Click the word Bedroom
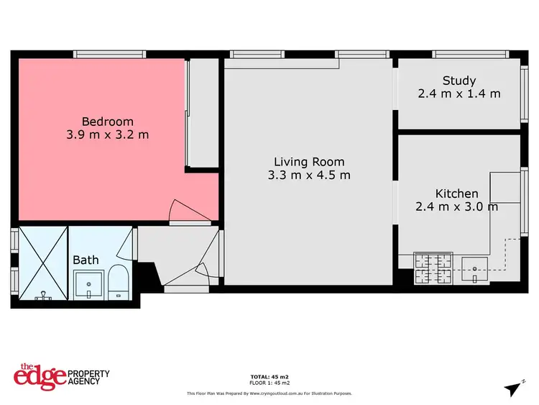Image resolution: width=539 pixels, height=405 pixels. pyautogui.click(x=107, y=122)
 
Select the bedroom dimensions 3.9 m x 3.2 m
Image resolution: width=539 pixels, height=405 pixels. pyautogui.click(x=107, y=135)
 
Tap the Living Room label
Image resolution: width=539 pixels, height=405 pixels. pyautogui.click(x=309, y=162)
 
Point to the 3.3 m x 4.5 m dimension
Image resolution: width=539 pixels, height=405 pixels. pyautogui.click(x=309, y=175)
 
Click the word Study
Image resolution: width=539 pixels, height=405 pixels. pyautogui.click(x=459, y=81)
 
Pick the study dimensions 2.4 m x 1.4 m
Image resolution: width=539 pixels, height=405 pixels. pyautogui.click(x=459, y=94)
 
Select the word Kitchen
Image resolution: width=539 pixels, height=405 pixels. pyautogui.click(x=456, y=194)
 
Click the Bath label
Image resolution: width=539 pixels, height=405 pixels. pyautogui.click(x=86, y=260)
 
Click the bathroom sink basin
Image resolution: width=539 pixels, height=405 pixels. pyautogui.click(x=89, y=286)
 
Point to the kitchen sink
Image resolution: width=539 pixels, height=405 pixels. pyautogui.click(x=475, y=270)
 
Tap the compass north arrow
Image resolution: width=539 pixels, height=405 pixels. pyautogui.click(x=515, y=388)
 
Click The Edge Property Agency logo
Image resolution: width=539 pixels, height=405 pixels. pyautogui.click(x=62, y=376)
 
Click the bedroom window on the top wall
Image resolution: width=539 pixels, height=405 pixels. pyautogui.click(x=110, y=54)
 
